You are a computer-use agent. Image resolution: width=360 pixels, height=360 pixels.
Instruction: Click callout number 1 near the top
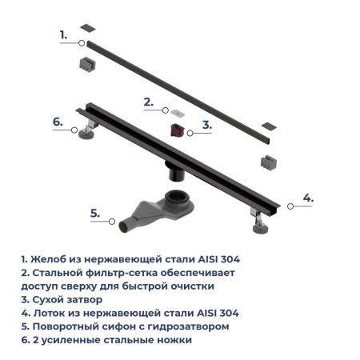(x=63, y=34)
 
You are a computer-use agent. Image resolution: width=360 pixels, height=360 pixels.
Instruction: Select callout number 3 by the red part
(x=206, y=125)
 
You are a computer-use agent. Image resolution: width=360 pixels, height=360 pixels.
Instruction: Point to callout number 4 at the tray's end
(x=307, y=197)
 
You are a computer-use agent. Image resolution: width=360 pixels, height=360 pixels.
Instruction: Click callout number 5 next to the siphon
(x=94, y=213)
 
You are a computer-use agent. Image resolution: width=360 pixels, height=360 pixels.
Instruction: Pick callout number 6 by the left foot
(x=58, y=122)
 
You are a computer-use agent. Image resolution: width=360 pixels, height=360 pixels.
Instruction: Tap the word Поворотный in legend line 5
(x=69, y=326)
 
